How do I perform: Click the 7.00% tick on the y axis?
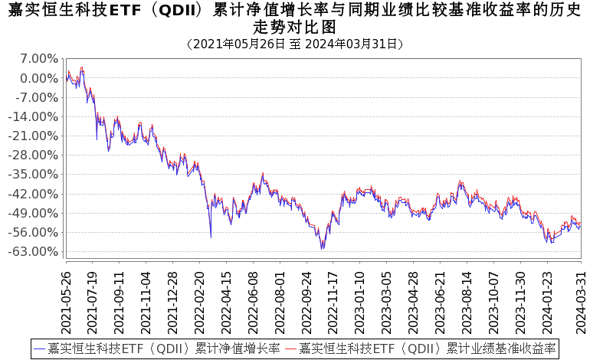tap(38, 59)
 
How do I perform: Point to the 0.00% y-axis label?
tap(38, 78)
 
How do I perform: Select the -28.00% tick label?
tap(35, 155)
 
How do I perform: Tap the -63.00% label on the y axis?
tap(35, 251)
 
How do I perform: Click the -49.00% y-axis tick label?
tap(35, 213)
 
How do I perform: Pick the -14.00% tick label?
tap(35, 116)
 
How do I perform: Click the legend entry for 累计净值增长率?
tap(158, 349)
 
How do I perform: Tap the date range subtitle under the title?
tap(295, 44)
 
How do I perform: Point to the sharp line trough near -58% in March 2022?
tap(211, 237)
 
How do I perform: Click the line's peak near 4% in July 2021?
tap(82, 67)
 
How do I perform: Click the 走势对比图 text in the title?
tap(295, 27)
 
